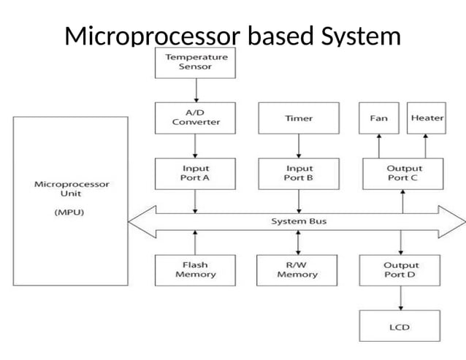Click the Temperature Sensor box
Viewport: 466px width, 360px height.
click(x=196, y=62)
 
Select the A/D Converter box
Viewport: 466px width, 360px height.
click(x=196, y=118)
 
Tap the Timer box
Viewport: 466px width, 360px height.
click(x=298, y=118)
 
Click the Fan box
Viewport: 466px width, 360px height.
click(x=378, y=118)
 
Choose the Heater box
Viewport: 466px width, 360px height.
click(x=427, y=118)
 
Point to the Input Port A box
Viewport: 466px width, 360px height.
click(x=196, y=173)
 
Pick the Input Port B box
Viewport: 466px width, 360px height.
click(x=298, y=173)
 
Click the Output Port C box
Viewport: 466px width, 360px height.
click(x=403, y=173)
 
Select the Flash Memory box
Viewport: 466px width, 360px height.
click(x=196, y=269)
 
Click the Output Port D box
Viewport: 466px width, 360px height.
click(x=401, y=269)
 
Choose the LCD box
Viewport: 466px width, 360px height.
click(x=401, y=326)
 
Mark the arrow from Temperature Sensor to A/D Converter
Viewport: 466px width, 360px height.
click(x=196, y=90)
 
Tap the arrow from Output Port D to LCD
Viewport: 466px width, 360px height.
click(x=401, y=297)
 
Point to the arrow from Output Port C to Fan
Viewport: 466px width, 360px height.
click(x=378, y=145)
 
